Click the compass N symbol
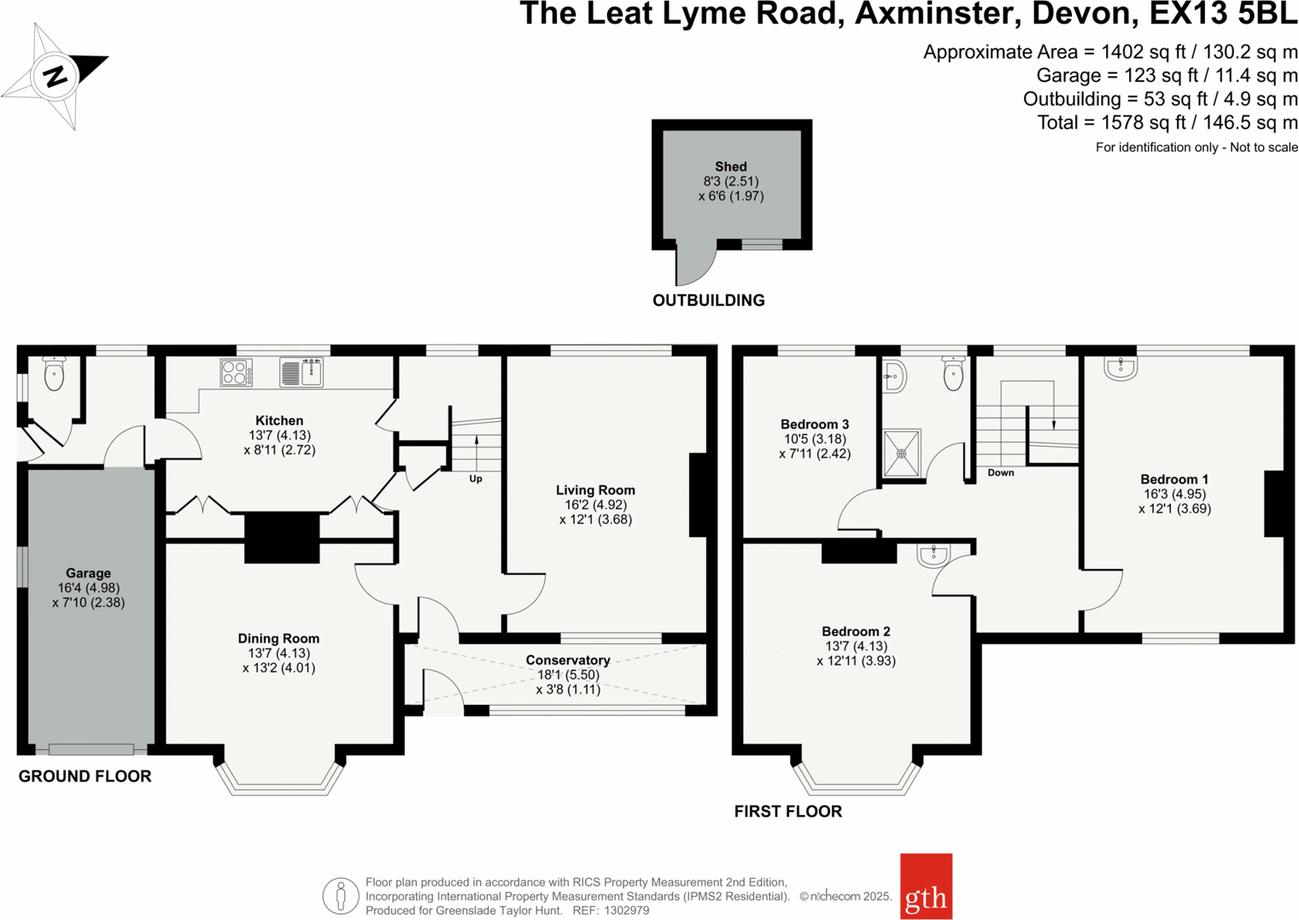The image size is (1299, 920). click(56, 77)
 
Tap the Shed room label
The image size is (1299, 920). click(730, 167)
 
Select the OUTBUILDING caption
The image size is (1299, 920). click(708, 301)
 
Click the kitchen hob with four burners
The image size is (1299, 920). click(236, 372)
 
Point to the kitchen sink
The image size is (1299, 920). click(301, 372)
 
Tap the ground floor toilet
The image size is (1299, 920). click(54, 374)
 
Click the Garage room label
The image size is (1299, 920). click(88, 573)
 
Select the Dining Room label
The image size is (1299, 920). click(278, 638)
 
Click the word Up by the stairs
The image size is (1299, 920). click(476, 479)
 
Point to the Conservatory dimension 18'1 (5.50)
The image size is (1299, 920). click(568, 675)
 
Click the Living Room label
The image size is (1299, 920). click(595, 490)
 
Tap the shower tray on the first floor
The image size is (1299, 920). click(901, 453)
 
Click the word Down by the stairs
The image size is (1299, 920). click(1001, 472)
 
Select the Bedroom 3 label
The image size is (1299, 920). click(815, 425)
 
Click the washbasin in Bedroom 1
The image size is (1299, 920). click(1120, 368)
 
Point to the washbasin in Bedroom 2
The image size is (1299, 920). click(933, 555)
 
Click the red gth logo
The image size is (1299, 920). click(926, 887)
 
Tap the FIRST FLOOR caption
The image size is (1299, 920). click(787, 812)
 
